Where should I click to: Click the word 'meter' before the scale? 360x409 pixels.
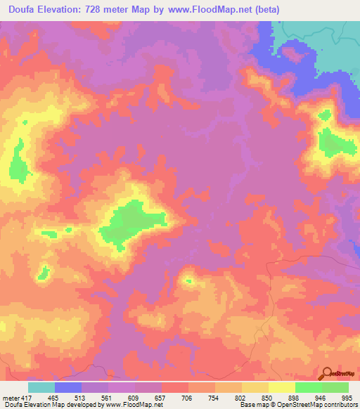coord(11,397)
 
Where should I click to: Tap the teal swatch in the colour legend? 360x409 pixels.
coord(41,387)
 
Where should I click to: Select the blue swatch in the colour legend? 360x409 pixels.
coord(68,387)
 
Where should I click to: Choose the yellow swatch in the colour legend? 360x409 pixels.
coord(282,387)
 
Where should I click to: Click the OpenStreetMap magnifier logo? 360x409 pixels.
coord(327,374)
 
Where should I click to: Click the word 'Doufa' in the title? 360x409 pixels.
coord(23,9)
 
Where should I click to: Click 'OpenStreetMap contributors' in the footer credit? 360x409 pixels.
coord(314,405)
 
